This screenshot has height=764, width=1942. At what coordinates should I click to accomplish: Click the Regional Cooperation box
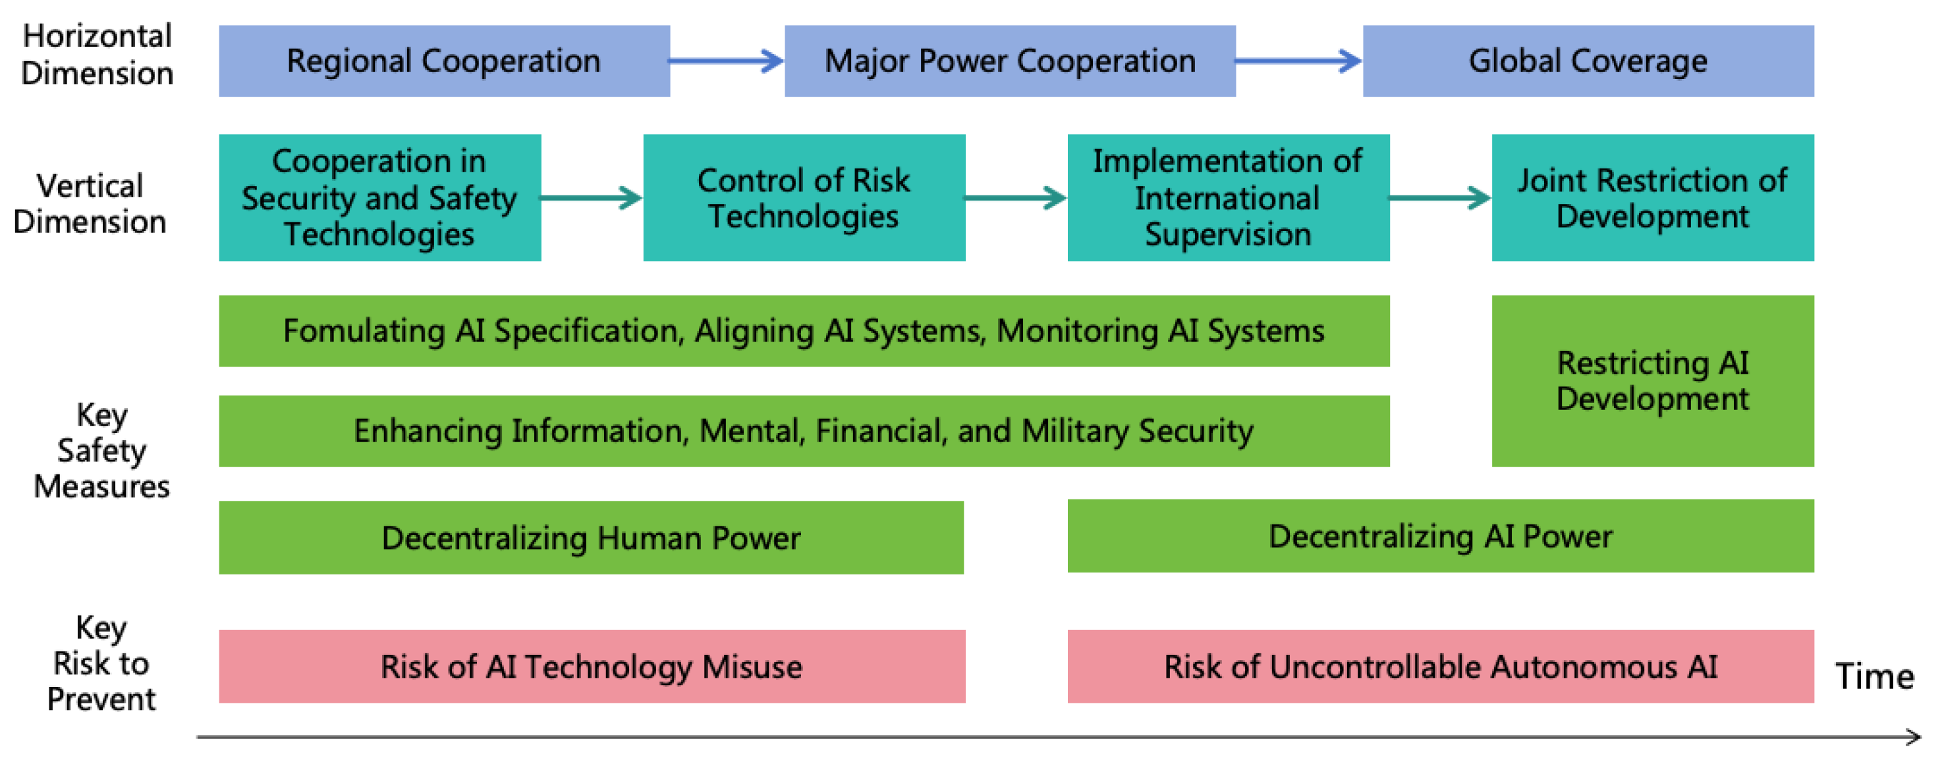click(444, 61)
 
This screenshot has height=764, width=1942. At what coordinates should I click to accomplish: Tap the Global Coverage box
click(1588, 61)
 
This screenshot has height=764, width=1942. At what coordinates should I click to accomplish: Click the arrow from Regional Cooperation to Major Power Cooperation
click(727, 61)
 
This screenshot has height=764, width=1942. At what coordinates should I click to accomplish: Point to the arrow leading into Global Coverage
click(1298, 61)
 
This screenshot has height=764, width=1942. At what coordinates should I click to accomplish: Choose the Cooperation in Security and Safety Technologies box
click(379, 197)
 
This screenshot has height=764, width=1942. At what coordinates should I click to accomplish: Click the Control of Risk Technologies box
click(804, 197)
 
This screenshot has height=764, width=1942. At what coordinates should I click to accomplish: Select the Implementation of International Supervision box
click(1228, 197)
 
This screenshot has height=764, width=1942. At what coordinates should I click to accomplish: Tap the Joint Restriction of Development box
click(1653, 197)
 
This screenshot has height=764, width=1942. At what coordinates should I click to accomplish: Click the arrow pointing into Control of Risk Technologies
click(592, 198)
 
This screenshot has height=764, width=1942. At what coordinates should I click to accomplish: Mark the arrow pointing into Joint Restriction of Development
click(1440, 198)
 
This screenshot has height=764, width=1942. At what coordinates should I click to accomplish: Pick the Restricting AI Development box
click(1653, 380)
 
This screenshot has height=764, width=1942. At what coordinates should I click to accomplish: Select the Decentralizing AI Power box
click(1440, 536)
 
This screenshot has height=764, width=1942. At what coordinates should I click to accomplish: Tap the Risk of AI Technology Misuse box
click(592, 666)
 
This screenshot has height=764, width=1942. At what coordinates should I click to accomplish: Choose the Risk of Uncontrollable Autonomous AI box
click(1440, 666)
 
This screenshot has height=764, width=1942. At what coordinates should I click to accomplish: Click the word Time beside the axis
click(1874, 676)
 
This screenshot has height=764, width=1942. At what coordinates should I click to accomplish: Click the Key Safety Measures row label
click(101, 450)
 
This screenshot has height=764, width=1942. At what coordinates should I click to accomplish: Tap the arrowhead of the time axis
click(1914, 737)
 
